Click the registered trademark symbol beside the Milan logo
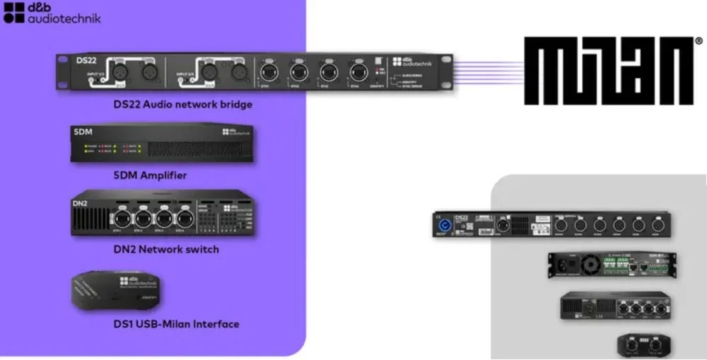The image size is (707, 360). click(698, 40)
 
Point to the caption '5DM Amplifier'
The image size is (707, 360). click(154, 175)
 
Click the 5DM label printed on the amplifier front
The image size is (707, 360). click(83, 132)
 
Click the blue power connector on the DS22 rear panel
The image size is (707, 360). click(447, 226)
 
